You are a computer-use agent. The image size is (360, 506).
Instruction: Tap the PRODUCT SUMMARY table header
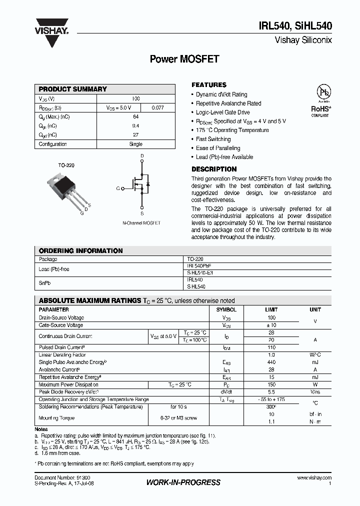coord(73,89)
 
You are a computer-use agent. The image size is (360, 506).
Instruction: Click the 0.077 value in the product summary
coord(157,107)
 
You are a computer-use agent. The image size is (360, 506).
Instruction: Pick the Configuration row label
coord(53,144)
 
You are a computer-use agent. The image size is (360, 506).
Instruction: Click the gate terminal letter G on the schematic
coord(118,188)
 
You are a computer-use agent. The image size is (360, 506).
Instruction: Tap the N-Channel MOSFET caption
coord(141,223)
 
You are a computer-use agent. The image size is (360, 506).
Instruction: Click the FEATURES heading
coord(209,85)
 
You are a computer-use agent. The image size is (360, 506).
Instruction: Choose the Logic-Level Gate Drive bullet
coord(222,112)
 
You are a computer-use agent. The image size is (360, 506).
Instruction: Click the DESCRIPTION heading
coord(214,169)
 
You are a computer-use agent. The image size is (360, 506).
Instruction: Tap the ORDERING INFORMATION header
coord(81,251)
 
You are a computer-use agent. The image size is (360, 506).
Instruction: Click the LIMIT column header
coord(271,310)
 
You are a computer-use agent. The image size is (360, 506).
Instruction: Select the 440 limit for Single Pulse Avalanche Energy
coord(271,362)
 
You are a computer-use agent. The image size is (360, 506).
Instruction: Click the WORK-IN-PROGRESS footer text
coord(183,482)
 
